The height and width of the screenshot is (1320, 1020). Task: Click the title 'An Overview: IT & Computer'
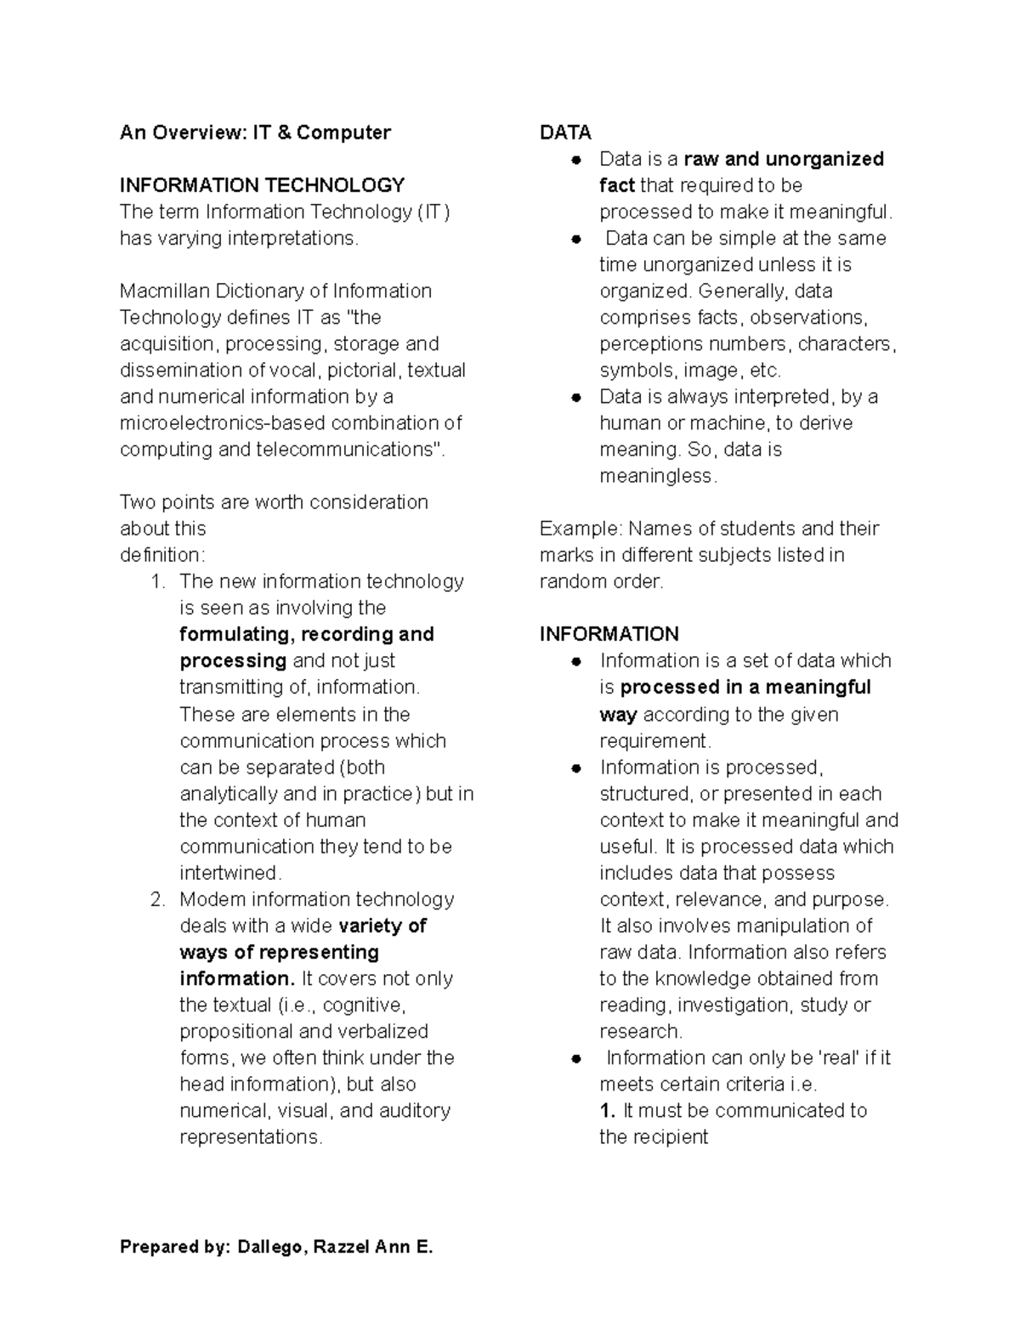(x=255, y=133)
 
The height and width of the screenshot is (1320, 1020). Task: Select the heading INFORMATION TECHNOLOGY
(x=262, y=185)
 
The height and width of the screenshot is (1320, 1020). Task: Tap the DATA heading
(x=565, y=133)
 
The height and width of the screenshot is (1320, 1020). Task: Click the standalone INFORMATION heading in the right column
(x=609, y=634)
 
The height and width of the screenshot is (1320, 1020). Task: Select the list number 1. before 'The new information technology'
(x=156, y=581)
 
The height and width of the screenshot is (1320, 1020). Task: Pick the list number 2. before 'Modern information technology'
(x=156, y=899)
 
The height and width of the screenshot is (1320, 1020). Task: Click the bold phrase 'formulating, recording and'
(x=307, y=634)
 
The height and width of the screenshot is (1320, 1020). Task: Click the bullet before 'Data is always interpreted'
(x=575, y=397)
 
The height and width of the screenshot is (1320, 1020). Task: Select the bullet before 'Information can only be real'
(x=575, y=1058)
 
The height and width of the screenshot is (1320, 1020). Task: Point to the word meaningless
(x=657, y=476)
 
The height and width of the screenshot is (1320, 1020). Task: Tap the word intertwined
(x=229, y=873)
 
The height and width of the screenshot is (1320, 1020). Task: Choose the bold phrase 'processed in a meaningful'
(x=745, y=687)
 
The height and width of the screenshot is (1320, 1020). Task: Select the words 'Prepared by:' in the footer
(x=174, y=1248)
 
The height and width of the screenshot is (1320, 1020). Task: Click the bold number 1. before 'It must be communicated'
(x=607, y=1111)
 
